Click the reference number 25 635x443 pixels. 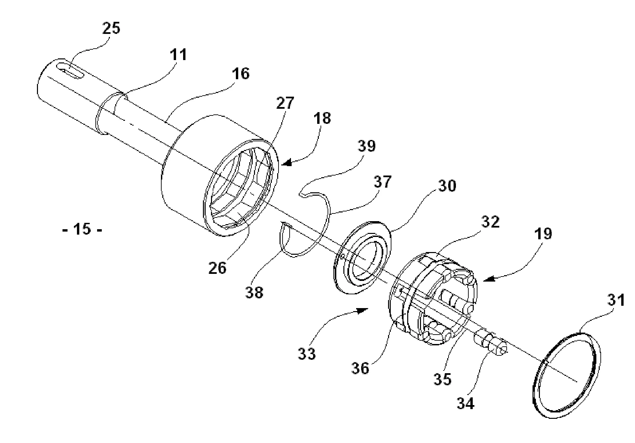point(111,28)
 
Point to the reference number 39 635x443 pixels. point(366,146)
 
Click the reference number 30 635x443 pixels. point(447,186)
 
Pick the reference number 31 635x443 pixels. point(616,300)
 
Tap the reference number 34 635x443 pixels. point(466,403)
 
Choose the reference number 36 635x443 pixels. point(360,368)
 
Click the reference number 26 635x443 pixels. point(217,268)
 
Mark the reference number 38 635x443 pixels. point(254,292)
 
